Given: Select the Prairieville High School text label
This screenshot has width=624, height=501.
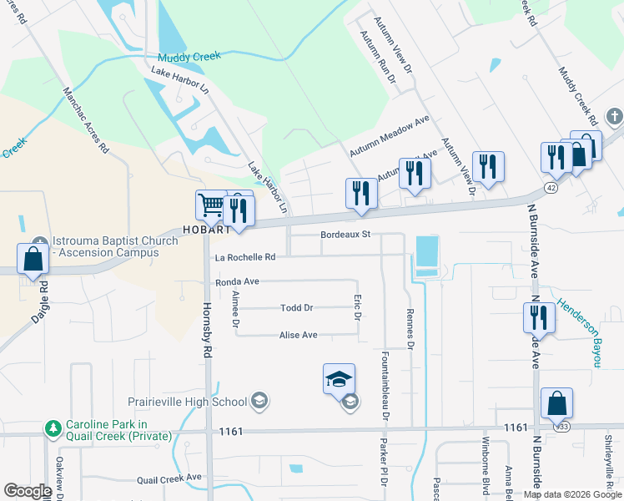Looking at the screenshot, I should pos(188,402).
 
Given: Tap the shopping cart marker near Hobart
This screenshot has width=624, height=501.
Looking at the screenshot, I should pos(211,205).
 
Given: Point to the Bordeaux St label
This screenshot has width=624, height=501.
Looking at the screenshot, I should pos(345,235).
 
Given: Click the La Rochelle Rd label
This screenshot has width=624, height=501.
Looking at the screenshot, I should pos(245,257).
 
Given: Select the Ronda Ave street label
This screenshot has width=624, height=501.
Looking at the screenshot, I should pos(238,282).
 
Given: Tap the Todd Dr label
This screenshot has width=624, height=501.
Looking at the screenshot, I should pos(296,308).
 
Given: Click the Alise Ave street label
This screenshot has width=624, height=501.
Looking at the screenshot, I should pos(298,335).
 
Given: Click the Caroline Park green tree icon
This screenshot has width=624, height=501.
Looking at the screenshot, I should pos(53,428).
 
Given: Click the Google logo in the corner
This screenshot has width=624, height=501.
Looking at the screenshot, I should pos(28,491).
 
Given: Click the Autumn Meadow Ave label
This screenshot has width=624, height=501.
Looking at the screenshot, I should pos(389,135).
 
